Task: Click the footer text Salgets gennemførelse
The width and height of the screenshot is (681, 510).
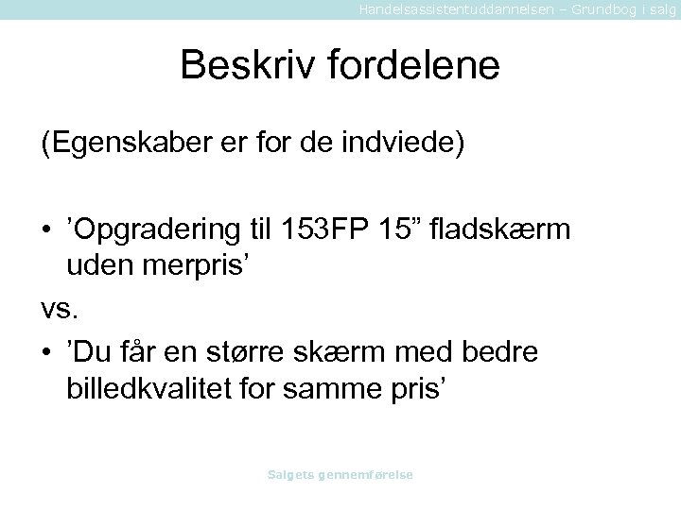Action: coord(340,475)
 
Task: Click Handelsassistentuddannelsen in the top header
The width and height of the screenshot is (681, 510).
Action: coord(440,8)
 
